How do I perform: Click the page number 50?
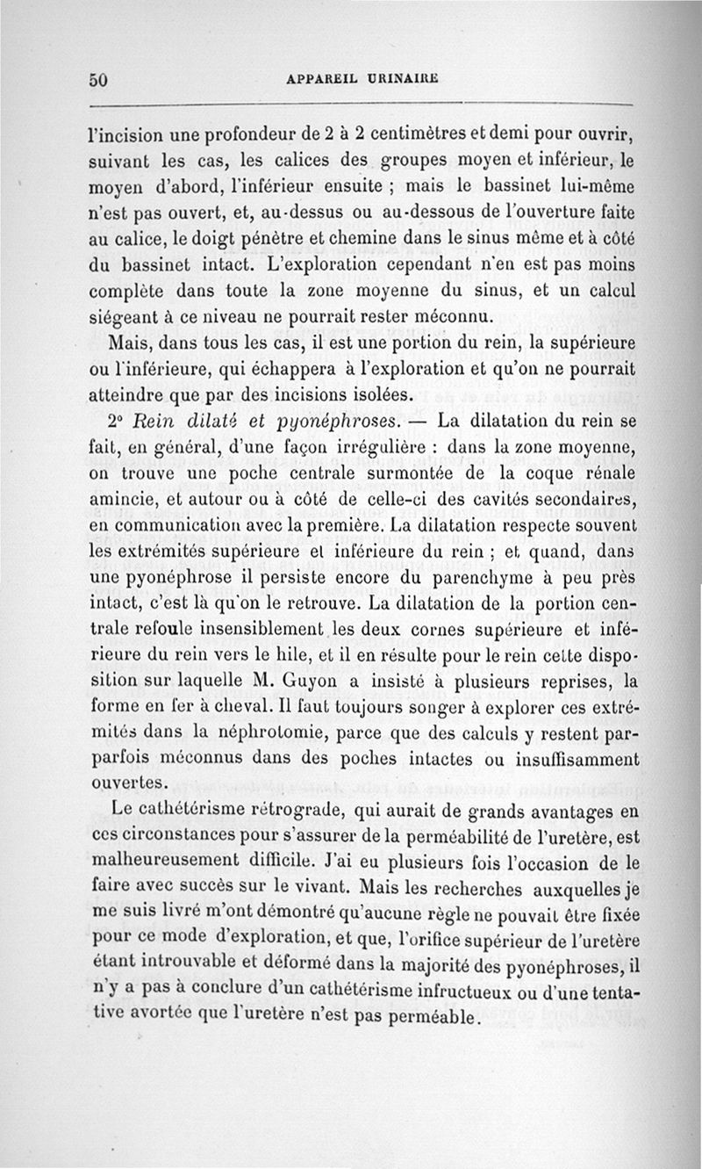pyautogui.click(x=97, y=79)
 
